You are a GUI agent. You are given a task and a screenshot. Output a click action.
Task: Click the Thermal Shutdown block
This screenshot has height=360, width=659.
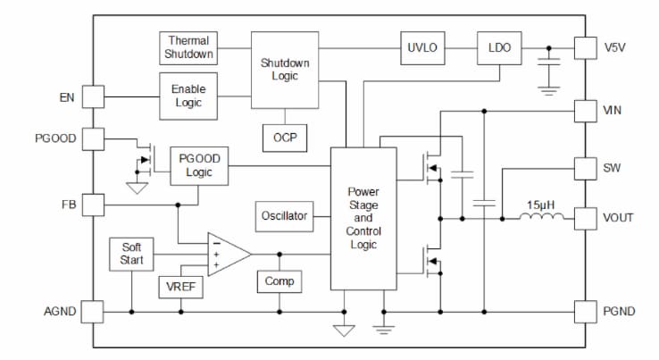188,47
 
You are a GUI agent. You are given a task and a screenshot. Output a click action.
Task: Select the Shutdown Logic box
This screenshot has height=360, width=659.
286,70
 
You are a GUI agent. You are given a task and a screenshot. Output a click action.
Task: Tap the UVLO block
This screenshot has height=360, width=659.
422,48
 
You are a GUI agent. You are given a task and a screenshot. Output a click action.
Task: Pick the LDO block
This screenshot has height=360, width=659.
499,48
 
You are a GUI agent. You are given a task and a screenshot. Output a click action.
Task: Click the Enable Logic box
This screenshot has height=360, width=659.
188,96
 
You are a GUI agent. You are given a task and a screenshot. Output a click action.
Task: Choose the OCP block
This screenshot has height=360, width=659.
285,138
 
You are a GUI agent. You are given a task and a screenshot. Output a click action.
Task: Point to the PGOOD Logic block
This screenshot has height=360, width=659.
199,165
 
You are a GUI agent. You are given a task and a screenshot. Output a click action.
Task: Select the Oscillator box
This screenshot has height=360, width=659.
284,215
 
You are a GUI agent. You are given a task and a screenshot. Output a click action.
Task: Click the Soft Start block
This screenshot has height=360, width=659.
130,255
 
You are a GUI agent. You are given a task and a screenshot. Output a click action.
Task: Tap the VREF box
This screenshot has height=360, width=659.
181,287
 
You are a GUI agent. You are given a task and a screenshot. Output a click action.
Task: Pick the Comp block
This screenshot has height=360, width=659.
279,281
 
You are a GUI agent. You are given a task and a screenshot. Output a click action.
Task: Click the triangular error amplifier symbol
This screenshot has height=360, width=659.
226,255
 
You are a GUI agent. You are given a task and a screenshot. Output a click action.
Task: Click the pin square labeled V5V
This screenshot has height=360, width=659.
585,48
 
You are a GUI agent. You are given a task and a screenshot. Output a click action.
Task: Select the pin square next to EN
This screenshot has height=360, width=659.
93,96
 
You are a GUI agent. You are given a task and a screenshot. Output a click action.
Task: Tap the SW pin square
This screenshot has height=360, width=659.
585,168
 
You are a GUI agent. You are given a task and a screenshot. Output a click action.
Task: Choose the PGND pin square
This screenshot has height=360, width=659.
585,312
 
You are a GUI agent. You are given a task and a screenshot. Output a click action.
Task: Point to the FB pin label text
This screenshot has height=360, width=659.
67,205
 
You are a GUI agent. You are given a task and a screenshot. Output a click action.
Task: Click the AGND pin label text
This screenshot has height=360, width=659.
60,312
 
